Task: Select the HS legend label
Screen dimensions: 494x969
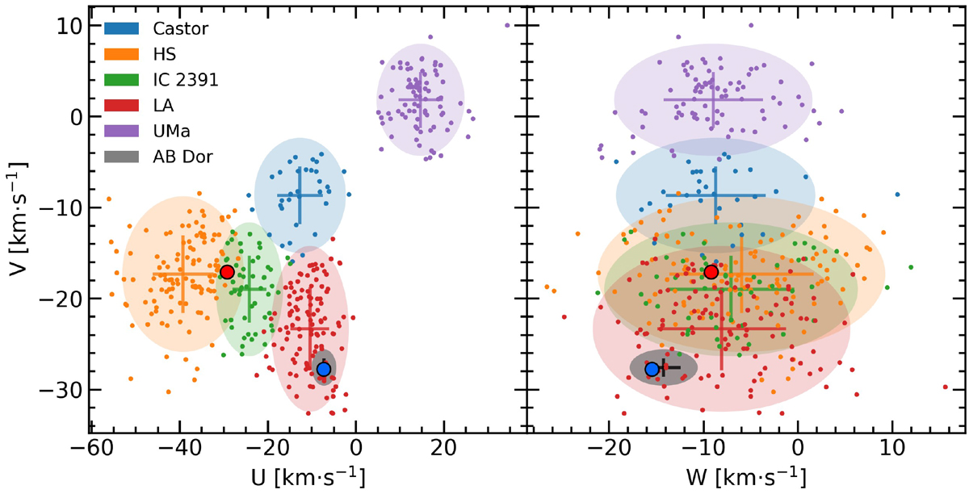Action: coord(166,54)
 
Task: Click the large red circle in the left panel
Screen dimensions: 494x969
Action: coord(227,272)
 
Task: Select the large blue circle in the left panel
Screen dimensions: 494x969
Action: coord(323,369)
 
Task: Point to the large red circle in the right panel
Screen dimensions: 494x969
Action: coord(711,272)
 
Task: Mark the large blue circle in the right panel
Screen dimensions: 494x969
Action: coord(652,369)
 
